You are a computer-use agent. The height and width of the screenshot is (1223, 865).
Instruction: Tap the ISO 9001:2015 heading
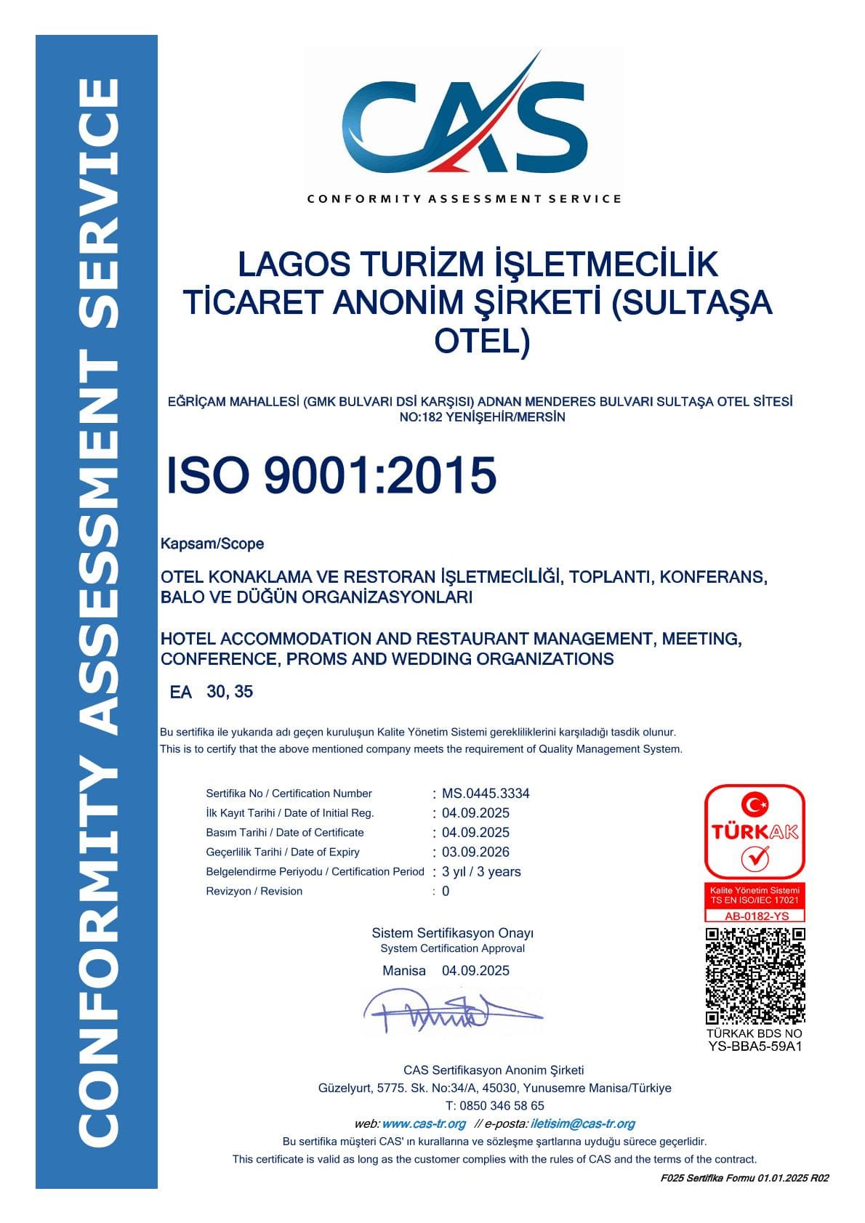331,475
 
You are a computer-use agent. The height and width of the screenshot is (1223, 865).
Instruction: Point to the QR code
755,976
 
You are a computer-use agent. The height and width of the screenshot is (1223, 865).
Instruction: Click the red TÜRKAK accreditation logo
755,831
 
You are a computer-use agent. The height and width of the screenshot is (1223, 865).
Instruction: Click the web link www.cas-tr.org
423,1124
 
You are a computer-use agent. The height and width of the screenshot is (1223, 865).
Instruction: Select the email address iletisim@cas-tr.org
583,1124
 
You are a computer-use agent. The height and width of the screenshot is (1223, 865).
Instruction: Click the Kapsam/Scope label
212,544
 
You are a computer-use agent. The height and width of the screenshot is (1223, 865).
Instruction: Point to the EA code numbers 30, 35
230,692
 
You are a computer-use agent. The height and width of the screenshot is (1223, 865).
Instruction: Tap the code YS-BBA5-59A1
755,1047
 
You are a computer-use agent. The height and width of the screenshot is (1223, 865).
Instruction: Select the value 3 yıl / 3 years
481,872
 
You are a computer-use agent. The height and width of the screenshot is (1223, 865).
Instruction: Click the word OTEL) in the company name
482,341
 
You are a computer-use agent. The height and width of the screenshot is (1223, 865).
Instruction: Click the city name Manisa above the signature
404,971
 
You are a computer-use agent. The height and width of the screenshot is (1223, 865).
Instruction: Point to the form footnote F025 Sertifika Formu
744,1179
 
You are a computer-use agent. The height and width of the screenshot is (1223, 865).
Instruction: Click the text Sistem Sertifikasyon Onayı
452,933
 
